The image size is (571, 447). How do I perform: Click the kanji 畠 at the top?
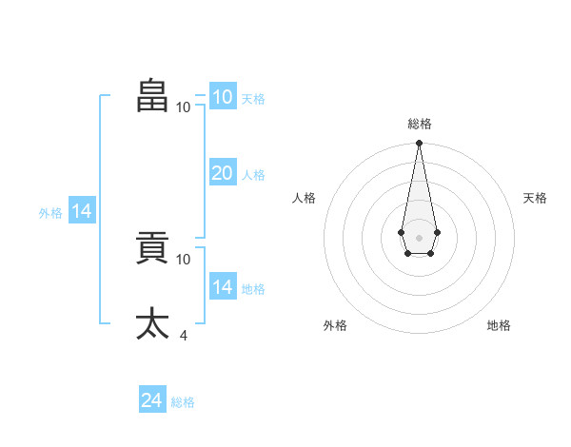coord(152,95)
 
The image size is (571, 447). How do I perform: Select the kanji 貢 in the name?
coord(152,247)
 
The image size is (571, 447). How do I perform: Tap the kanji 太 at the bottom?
coord(152,323)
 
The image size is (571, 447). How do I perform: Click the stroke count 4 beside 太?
coord(183,335)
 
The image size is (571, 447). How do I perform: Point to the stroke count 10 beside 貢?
coord(183,260)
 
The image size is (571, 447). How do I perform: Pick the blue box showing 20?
coord(223,172)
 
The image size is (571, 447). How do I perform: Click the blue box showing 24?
coord(152,398)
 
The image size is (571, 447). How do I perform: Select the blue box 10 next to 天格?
coord(223,95)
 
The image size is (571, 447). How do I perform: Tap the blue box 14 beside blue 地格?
coord(223,285)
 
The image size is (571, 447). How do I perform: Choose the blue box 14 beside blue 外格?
coord(82,209)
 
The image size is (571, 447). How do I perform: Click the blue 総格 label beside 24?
coord(183,402)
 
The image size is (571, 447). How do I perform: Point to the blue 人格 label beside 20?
coord(253,175)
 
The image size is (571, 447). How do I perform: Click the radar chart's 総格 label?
coord(420,124)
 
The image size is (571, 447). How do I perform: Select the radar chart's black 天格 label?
coord(535,198)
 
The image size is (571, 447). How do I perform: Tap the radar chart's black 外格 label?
coord(335,325)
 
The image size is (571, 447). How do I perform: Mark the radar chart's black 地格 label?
coord(499,325)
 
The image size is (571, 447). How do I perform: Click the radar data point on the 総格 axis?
coord(419,143)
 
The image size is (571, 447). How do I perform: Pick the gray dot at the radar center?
coord(419,238)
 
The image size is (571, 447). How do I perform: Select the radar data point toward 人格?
coord(402,232)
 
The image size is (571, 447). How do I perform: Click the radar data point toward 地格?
coord(430,253)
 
